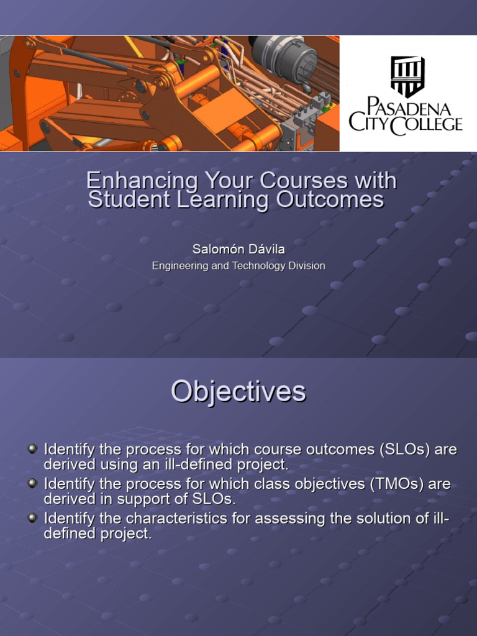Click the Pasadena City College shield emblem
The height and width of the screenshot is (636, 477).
tap(407, 76)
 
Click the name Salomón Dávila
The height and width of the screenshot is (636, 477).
tap(238, 249)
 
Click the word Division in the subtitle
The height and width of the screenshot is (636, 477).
tap(306, 266)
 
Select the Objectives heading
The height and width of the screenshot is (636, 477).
tap(238, 392)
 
